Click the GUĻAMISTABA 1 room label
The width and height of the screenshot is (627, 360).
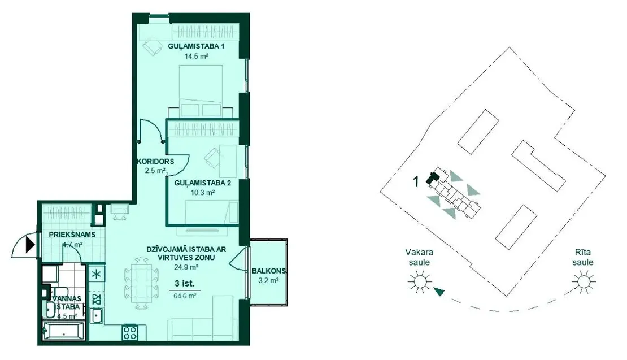tap(196, 46)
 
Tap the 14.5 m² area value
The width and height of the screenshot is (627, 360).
tap(196, 57)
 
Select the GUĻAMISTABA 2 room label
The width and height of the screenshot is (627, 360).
tap(202, 183)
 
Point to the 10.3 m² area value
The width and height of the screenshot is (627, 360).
tap(202, 193)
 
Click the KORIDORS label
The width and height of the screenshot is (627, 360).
tap(155, 162)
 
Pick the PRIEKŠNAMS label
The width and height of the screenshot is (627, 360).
tap(72, 235)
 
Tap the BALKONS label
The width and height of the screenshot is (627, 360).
tap(269, 271)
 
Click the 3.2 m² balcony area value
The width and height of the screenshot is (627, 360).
tap(268, 280)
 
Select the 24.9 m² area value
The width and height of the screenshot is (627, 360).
tap(187, 267)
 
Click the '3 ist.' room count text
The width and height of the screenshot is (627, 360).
tap(185, 284)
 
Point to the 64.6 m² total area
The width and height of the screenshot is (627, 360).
tap(185, 296)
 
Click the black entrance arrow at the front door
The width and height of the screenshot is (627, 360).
tap(30, 245)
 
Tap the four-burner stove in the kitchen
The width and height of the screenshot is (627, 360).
tap(129, 333)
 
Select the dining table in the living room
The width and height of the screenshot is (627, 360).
tap(141, 283)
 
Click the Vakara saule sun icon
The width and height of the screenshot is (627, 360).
tap(420, 281)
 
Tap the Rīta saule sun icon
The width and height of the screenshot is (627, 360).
tap(584, 281)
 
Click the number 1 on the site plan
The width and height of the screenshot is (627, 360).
tap(416, 182)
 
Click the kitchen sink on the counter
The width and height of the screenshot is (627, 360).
tap(97, 315)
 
